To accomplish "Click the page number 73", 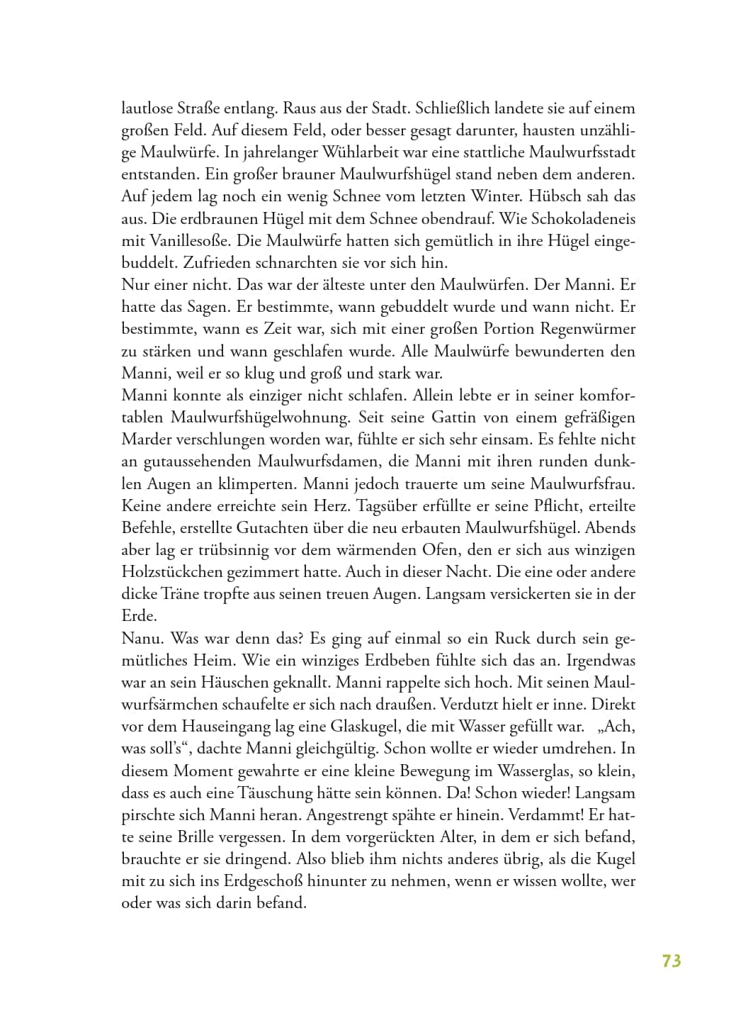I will click(671, 961).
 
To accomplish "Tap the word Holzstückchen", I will click(172, 572).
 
